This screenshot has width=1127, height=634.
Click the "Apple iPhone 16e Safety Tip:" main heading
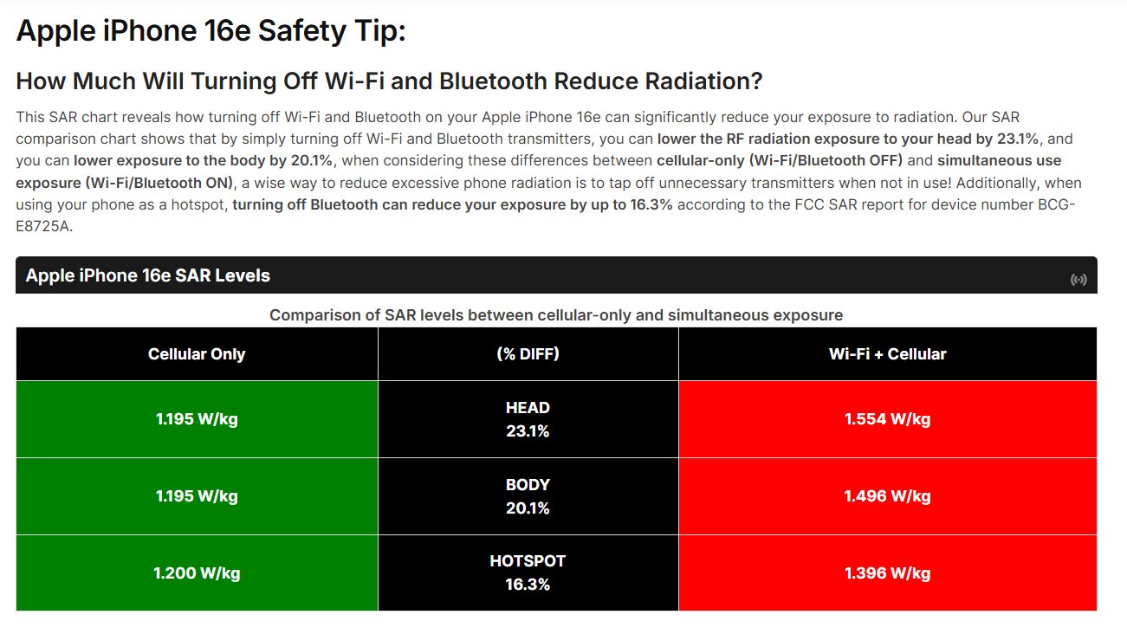click(211, 31)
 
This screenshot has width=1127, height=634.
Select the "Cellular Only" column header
click(197, 353)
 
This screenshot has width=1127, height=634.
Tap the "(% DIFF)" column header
click(528, 353)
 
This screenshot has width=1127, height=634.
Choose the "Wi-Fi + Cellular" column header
click(888, 353)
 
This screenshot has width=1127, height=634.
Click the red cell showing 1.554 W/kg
click(888, 419)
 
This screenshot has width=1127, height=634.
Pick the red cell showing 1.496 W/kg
click(888, 496)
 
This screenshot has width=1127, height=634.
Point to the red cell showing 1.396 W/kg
click(888, 573)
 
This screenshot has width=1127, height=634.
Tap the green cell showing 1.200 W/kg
click(197, 573)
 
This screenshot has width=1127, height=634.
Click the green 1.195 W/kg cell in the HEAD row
click(197, 419)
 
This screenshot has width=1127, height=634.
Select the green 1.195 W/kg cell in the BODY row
click(197, 496)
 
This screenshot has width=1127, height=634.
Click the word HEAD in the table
click(528, 408)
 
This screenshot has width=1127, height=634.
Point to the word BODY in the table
click(528, 484)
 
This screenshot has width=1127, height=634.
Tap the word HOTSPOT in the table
click(528, 561)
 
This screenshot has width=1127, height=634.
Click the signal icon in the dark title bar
click(1078, 279)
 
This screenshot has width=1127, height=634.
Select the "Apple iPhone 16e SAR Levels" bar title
click(148, 275)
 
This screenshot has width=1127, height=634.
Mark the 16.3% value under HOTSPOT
click(528, 585)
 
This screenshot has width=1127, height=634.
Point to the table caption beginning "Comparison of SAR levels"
click(556, 315)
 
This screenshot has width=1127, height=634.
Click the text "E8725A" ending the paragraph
click(44, 226)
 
